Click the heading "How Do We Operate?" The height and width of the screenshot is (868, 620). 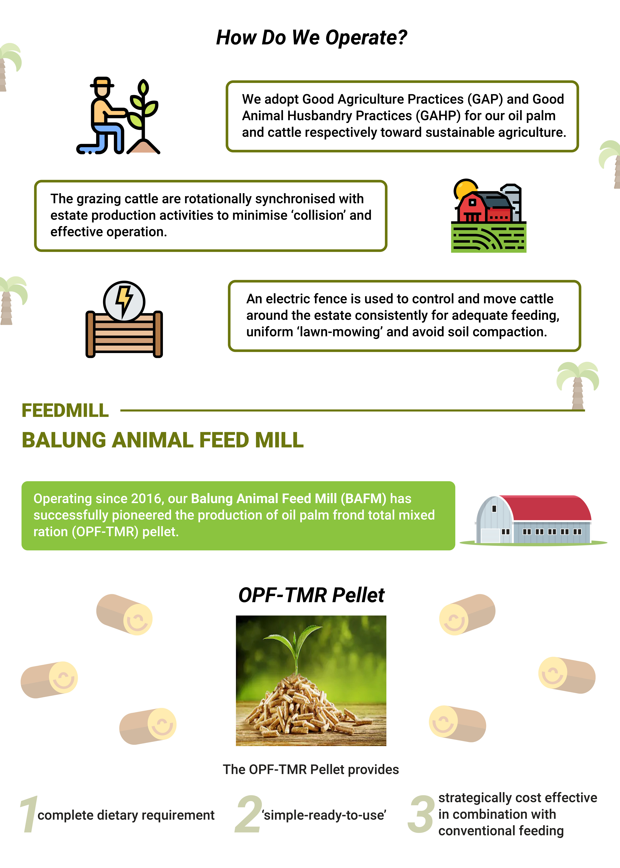coord(311,37)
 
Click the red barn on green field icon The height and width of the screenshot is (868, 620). coord(489,216)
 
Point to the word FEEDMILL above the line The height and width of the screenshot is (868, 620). coord(65,411)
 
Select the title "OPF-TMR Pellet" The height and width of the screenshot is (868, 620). coord(311,595)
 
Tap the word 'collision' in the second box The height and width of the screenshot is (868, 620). coord(318,215)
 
